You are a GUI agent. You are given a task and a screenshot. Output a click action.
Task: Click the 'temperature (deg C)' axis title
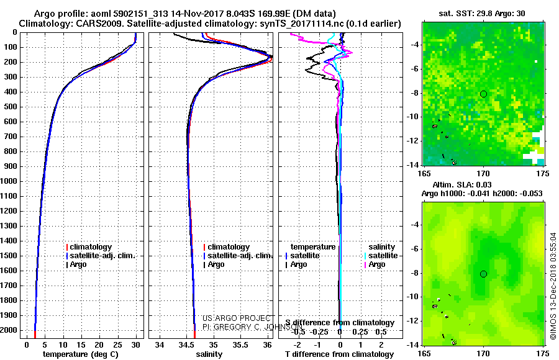tap(80, 354)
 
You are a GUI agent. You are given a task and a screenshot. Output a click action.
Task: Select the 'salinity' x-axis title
tap(209, 354)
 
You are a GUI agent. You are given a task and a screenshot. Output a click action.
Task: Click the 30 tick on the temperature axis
tap(136, 344)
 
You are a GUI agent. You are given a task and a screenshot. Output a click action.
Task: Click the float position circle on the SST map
tap(483, 94)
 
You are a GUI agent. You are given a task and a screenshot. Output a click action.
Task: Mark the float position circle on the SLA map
tap(483, 274)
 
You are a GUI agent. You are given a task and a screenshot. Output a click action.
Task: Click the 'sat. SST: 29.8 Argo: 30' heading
tap(483, 13)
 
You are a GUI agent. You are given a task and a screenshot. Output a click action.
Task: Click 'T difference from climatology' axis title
tap(339, 354)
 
